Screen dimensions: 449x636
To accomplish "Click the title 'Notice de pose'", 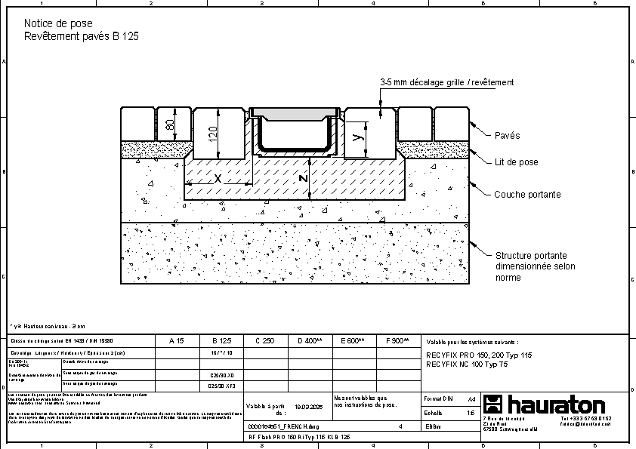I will [x=58, y=24].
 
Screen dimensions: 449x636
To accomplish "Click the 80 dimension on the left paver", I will [x=170, y=124].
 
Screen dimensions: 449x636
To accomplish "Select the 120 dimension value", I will [x=213, y=134].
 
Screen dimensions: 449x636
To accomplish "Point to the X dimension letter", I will [x=218, y=179].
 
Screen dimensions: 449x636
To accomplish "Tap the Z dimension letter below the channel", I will [x=302, y=179].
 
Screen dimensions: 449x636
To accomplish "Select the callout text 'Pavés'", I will [x=507, y=136].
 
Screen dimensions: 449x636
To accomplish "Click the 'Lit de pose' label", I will [x=516, y=162].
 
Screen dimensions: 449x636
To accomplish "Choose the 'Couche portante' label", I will [x=527, y=195].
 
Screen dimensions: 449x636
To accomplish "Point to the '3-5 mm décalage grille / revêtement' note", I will [x=446, y=82].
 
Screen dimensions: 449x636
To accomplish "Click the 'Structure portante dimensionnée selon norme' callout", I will [x=535, y=266].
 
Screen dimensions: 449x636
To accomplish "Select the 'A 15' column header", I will [x=176, y=341].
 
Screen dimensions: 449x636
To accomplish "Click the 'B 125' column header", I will [x=221, y=341].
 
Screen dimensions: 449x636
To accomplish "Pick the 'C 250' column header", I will [x=264, y=341].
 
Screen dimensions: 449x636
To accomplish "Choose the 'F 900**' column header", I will [x=397, y=341].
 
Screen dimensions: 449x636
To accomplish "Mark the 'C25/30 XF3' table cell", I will [x=221, y=385].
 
